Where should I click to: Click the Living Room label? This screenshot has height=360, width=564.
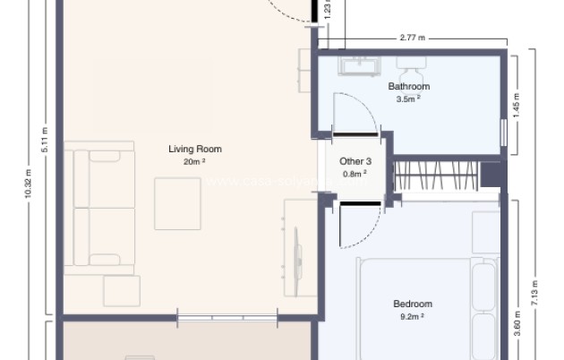[194, 149]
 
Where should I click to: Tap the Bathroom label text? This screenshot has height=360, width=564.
[408, 87]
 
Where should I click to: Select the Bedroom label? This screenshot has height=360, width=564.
[413, 304]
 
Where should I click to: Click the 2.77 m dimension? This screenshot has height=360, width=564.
[412, 39]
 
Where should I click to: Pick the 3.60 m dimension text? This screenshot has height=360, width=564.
[517, 321]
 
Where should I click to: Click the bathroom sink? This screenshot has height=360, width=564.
[361, 64]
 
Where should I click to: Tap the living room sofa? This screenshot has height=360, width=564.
[102, 209]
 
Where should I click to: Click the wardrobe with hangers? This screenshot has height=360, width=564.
[436, 176]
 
